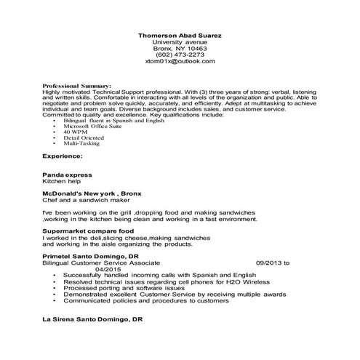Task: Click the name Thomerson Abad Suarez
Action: click(180, 36)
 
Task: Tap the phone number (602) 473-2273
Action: click(180, 55)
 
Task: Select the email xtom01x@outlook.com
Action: click(180, 62)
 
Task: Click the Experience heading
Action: click(62, 156)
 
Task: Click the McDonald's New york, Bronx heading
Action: click(91, 193)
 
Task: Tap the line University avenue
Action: click(180, 42)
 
